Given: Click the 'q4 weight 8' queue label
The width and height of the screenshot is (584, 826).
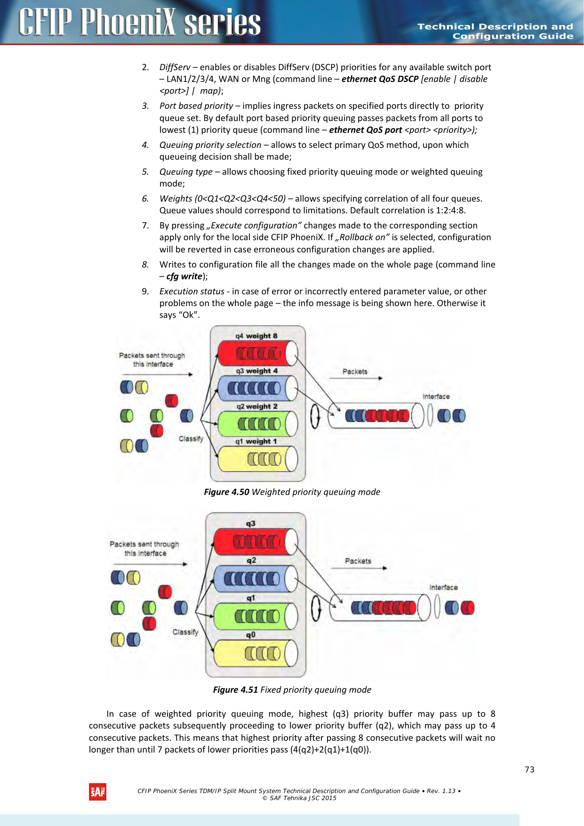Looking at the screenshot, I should pyautogui.click(x=256, y=336).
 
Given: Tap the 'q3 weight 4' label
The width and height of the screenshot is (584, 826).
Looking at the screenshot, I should pyautogui.click(x=257, y=371).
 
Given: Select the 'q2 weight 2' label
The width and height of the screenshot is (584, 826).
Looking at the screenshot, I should pyautogui.click(x=257, y=406).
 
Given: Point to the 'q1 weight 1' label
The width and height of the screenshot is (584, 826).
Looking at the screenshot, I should pyautogui.click(x=256, y=441).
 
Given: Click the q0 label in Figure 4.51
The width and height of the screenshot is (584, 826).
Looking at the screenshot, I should pyautogui.click(x=251, y=634).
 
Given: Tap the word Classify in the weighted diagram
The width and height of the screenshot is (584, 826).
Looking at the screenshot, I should pyautogui.click(x=191, y=438).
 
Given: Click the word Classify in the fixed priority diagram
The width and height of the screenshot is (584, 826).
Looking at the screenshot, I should pyautogui.click(x=185, y=632).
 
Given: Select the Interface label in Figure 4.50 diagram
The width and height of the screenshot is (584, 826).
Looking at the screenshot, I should pyautogui.click(x=436, y=397).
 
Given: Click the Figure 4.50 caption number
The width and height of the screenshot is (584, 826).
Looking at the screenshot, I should pyautogui.click(x=226, y=492).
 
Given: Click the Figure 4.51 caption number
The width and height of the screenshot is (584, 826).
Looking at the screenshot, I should pyautogui.click(x=235, y=689).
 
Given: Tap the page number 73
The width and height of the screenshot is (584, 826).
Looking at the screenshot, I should pyautogui.click(x=529, y=769).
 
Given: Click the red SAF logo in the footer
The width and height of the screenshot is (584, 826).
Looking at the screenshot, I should pyautogui.click(x=98, y=792).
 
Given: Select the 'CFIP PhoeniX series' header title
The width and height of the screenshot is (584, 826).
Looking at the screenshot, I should pyautogui.click(x=140, y=22).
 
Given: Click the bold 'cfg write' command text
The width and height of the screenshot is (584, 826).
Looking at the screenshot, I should pyautogui.click(x=184, y=276).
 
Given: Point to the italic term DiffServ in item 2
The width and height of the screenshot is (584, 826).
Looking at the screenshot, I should pyautogui.click(x=175, y=67).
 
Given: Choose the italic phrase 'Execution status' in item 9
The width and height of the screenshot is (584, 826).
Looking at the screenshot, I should pyautogui.click(x=192, y=292).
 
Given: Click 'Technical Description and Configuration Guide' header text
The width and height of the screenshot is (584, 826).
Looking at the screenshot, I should pyautogui.click(x=495, y=31).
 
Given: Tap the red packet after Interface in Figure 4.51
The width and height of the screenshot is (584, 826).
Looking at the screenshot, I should pyautogui.click(x=467, y=607).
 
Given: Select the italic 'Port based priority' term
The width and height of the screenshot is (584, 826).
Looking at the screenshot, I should pyautogui.click(x=196, y=106).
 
